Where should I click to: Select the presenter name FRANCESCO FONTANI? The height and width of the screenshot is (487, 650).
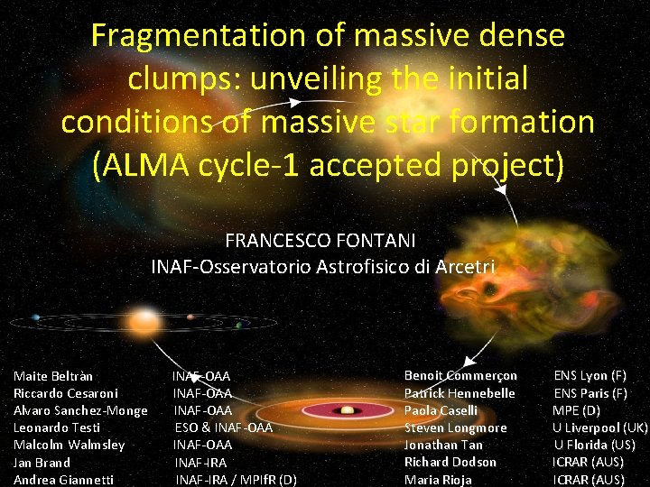[320, 241]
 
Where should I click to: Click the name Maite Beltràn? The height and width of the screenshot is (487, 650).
[53, 376]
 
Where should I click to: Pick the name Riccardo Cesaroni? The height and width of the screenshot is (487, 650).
[66, 393]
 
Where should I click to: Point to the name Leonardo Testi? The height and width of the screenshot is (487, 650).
[57, 427]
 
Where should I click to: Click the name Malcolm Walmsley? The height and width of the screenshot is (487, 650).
[69, 445]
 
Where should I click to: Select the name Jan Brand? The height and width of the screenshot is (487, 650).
[42, 462]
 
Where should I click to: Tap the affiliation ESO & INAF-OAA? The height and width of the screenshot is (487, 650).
[223, 427]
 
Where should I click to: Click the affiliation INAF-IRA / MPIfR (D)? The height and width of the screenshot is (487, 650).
[236, 480]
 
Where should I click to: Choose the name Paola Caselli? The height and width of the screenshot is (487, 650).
[441, 410]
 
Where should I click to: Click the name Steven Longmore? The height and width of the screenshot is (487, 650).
[455, 427]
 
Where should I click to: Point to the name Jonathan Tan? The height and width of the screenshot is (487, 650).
[443, 445]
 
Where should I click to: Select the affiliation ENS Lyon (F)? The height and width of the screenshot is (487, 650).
[590, 375]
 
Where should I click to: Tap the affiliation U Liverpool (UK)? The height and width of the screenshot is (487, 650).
[600, 427]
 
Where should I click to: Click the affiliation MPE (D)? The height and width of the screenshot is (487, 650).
[576, 410]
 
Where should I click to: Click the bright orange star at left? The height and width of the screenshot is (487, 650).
[144, 319]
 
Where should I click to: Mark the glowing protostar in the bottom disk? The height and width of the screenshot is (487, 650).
[347, 410]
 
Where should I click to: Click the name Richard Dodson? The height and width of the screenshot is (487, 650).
[450, 462]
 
